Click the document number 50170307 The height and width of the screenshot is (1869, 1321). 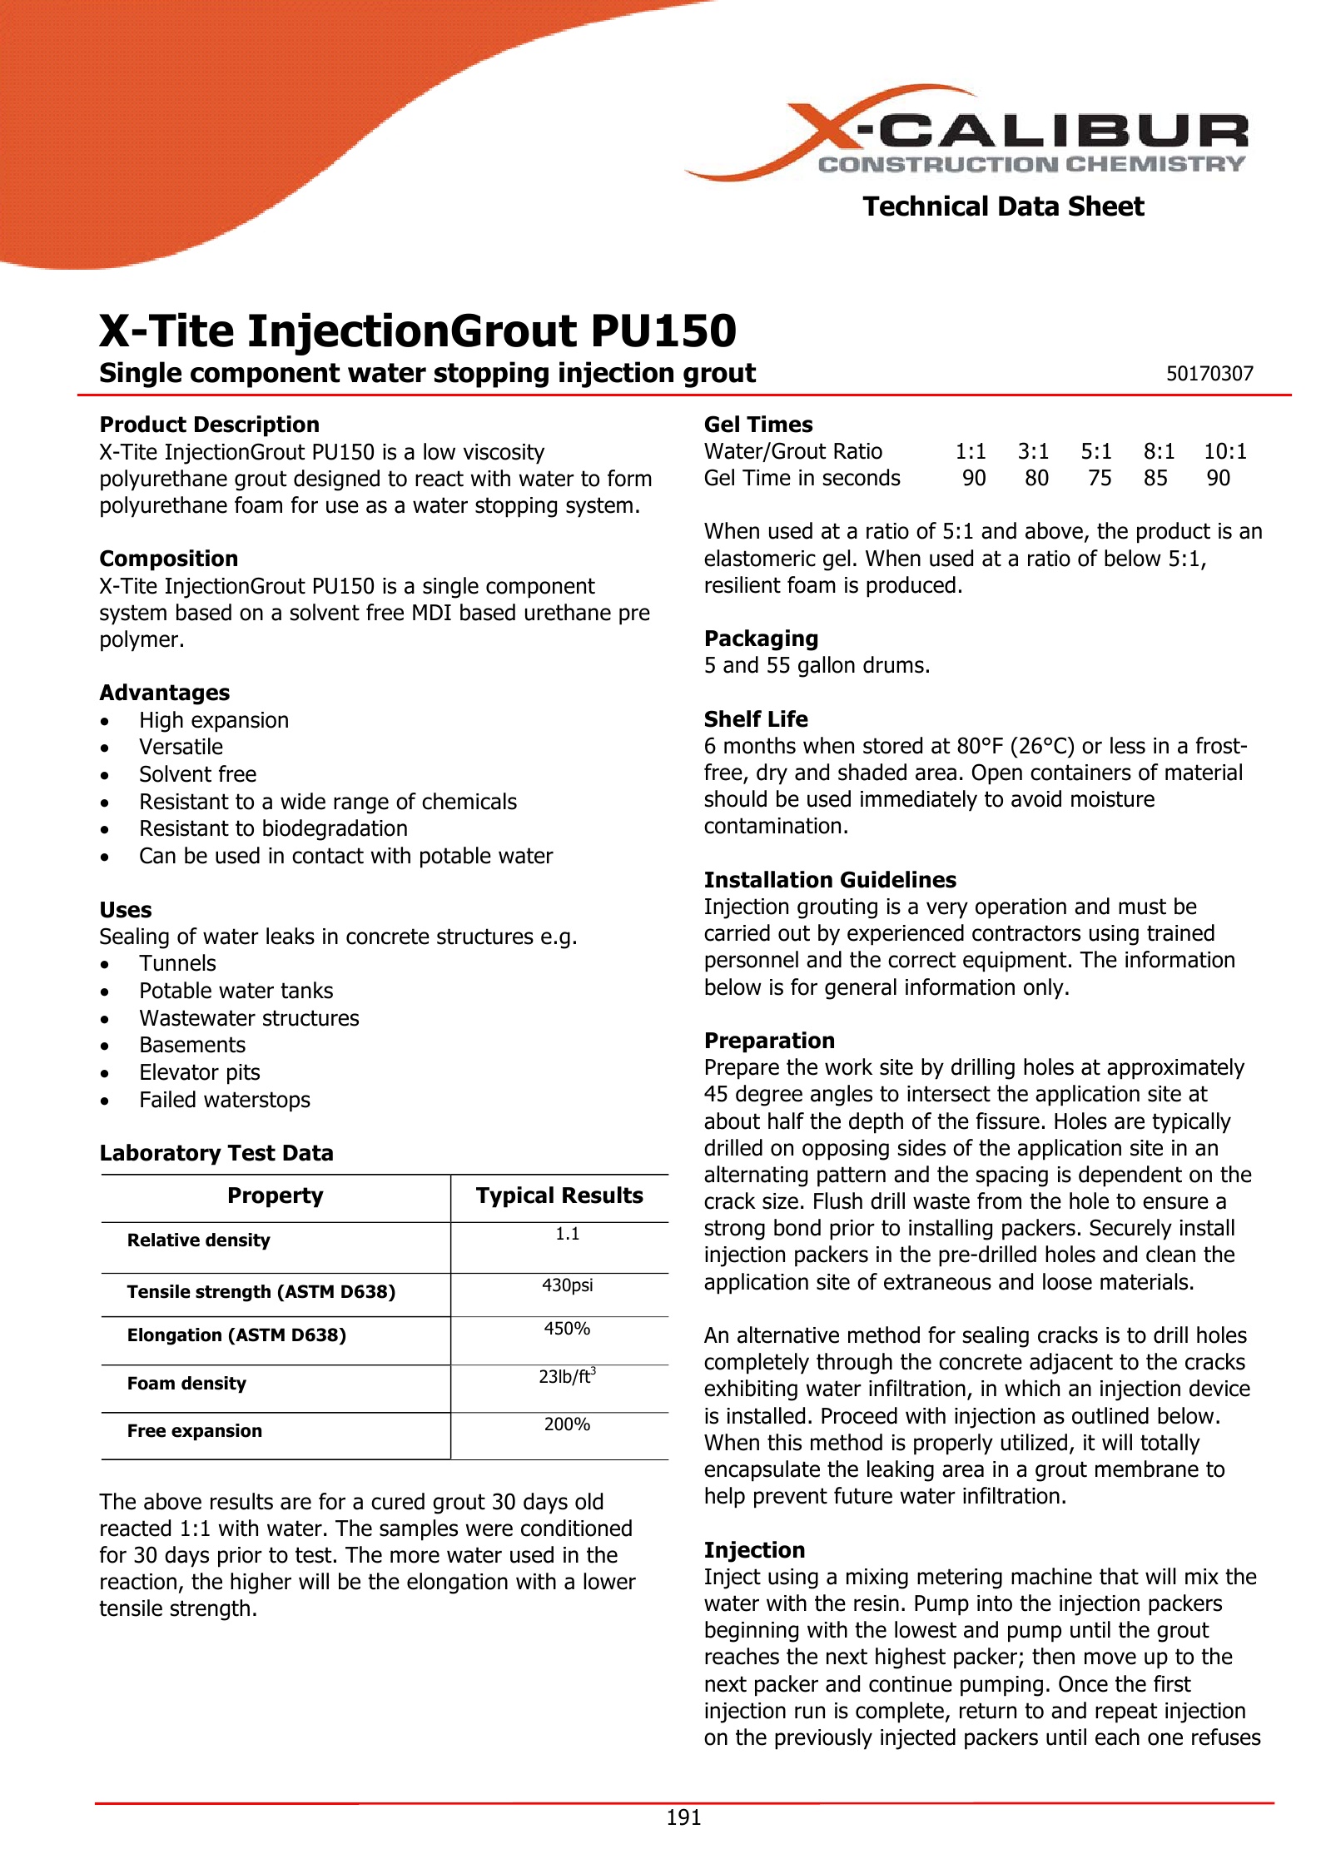(1209, 374)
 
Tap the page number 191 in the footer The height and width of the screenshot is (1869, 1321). (683, 1817)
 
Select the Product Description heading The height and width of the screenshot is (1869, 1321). (209, 425)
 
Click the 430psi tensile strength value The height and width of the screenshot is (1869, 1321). (567, 1285)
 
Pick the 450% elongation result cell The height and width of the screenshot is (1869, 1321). (567, 1329)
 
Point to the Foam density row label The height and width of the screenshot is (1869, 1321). (186, 1383)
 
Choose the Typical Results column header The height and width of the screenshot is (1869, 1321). (559, 1195)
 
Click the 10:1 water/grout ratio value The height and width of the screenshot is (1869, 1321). (1225, 451)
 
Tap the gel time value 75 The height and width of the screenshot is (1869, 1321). (1100, 478)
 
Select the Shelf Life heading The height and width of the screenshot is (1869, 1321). (755, 719)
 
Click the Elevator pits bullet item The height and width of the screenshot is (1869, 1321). (200, 1072)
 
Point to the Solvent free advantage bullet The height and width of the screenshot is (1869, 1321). (197, 774)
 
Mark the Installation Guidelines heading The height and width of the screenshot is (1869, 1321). (830, 880)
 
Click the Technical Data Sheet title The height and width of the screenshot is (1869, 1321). (1003, 206)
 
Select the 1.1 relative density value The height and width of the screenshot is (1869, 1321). (567, 1234)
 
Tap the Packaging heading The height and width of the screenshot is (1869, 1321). (761, 639)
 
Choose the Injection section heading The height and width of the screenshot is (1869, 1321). (754, 1550)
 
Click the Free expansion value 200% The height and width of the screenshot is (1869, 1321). (567, 1424)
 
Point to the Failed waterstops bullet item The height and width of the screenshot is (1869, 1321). (225, 1100)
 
